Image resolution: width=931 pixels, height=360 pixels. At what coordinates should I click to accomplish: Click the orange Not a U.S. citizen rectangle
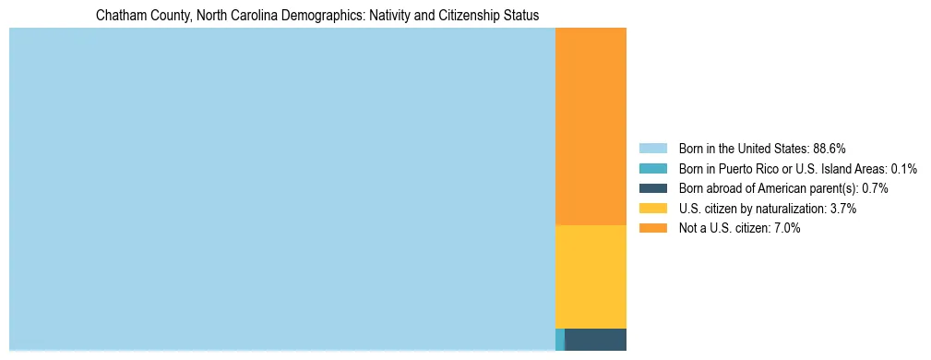591,126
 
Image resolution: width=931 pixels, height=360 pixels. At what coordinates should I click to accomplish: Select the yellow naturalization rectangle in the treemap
591,276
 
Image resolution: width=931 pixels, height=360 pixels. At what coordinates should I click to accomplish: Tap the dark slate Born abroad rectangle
595,339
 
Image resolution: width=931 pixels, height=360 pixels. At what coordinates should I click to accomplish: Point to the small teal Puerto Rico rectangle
559,339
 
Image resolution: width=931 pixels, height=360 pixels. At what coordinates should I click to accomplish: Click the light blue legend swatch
652,149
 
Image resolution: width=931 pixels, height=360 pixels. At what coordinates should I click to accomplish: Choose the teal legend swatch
652,169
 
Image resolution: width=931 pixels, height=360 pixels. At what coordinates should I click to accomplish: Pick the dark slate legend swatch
652,188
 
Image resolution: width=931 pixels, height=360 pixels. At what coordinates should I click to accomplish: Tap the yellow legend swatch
652,209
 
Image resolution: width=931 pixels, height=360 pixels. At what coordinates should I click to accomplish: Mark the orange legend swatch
652,228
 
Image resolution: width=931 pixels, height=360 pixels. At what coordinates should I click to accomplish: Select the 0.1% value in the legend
904,169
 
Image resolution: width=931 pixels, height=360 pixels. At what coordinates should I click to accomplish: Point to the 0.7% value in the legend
875,188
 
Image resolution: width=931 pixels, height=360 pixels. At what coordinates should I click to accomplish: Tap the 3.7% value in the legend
843,209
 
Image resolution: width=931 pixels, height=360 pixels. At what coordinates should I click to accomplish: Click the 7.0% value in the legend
787,228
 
